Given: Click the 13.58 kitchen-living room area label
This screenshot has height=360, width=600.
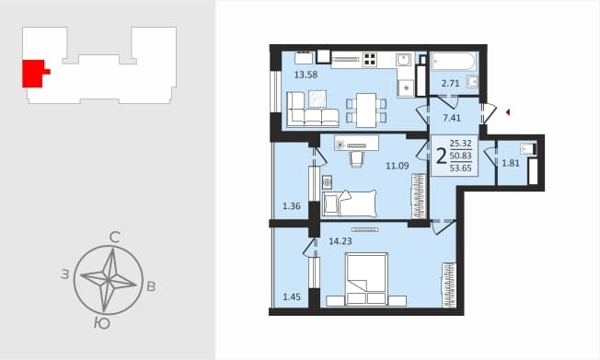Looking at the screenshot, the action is [x=306, y=75].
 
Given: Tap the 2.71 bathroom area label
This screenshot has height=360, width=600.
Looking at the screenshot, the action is [x=450, y=83].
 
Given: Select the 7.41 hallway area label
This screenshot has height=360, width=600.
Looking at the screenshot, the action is [x=452, y=118].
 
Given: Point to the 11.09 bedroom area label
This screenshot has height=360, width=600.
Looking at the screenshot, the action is [x=398, y=166].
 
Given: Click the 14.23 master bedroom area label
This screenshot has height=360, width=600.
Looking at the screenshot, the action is [x=340, y=241].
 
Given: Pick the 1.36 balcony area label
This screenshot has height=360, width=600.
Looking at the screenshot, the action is [x=292, y=206].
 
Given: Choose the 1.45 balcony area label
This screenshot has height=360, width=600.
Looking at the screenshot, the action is [x=292, y=296].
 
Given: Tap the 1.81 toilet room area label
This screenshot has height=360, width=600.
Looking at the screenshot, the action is [x=511, y=163].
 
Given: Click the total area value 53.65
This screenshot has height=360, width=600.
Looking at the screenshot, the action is [x=461, y=168].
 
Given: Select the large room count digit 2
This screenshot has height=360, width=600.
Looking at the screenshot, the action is [x=441, y=157].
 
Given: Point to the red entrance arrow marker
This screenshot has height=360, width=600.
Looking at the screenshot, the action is [x=508, y=112].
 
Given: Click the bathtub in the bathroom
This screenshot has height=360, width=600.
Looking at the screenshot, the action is [x=454, y=62].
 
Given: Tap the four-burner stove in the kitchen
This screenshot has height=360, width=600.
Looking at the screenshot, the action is [x=370, y=59].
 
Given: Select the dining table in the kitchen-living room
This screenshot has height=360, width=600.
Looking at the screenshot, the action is [x=366, y=110].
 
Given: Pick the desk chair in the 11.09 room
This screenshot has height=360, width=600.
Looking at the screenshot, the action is [x=356, y=159].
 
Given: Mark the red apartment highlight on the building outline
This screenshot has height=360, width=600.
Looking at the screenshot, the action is [x=34, y=74].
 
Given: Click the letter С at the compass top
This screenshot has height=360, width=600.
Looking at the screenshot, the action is [x=115, y=238].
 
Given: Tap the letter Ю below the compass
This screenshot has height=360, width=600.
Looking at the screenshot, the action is [x=102, y=323].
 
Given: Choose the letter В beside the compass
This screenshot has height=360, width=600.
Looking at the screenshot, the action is [x=151, y=286].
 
